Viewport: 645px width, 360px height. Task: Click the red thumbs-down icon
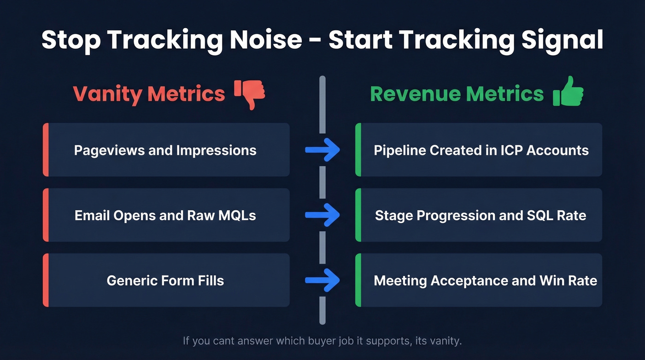coord(250,94)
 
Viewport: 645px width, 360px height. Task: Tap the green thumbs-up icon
coord(568,92)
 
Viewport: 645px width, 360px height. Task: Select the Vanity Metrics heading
coord(149,94)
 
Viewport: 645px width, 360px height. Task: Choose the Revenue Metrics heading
coord(457,94)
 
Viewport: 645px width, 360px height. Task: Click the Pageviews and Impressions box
coord(166,150)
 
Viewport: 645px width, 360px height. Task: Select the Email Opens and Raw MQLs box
coord(166,215)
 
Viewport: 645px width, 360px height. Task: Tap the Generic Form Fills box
coord(166,280)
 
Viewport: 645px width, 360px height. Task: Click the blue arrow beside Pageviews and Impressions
coord(322,150)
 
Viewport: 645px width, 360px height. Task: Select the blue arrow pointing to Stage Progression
coord(322,215)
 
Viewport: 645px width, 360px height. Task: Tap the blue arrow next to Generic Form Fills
coord(322,280)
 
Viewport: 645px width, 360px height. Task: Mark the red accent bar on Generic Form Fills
coord(46,280)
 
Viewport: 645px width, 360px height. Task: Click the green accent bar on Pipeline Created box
coord(358,150)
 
